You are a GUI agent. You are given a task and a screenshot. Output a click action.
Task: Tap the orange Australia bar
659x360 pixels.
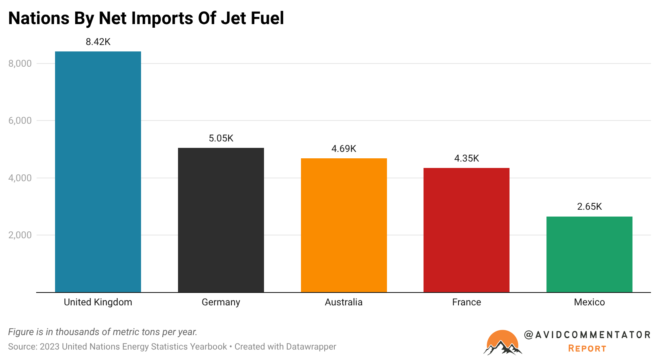[x=344, y=225]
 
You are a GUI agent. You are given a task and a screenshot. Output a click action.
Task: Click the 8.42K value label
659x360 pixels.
[x=98, y=42]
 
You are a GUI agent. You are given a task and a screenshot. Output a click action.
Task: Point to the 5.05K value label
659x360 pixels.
[x=221, y=138]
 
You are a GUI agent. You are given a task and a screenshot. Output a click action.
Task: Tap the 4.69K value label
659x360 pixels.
[x=344, y=149]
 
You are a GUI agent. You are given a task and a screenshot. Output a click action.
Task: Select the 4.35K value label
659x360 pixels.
[x=467, y=158]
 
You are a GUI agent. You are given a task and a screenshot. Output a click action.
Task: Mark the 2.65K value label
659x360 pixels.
[x=589, y=207]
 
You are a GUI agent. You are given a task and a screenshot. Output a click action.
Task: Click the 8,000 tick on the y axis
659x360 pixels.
[x=20, y=63]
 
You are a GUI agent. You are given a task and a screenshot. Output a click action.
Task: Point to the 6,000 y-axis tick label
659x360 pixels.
[x=20, y=121]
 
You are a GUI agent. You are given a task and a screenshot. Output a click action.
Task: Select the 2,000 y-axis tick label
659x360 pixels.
[x=20, y=235]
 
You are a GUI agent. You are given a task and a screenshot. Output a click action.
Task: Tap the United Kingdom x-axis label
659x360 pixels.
[x=98, y=302]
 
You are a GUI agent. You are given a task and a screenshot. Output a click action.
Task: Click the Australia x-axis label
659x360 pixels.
[x=344, y=302]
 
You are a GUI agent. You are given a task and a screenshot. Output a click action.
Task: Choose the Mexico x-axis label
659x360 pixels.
[x=589, y=302]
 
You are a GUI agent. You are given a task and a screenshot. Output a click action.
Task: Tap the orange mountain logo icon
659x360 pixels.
[x=502, y=343]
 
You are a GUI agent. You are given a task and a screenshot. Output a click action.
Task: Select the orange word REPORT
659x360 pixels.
[x=587, y=348]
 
